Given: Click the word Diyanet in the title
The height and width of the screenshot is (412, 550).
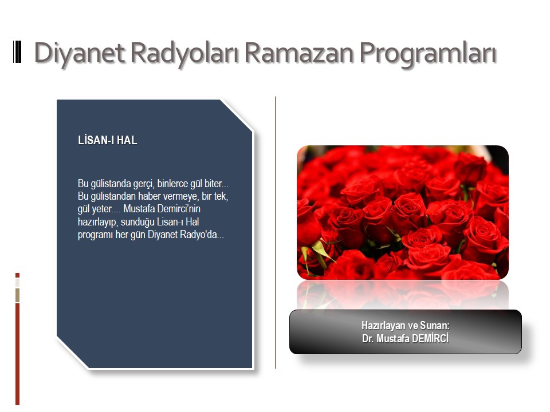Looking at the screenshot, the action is (x=80, y=54).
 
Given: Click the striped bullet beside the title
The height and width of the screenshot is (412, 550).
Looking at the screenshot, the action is (x=17, y=52).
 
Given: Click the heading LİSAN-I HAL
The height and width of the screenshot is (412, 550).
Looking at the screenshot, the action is (x=107, y=140).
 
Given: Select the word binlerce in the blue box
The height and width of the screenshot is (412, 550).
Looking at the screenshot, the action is (x=172, y=183).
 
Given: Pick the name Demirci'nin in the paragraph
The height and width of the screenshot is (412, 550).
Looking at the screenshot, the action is (x=179, y=209).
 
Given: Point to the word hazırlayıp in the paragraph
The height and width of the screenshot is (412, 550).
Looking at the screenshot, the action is (x=97, y=222).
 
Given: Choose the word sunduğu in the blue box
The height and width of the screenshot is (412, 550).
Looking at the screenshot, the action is (x=137, y=222).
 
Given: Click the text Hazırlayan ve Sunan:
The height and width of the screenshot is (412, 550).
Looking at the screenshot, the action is (x=406, y=326).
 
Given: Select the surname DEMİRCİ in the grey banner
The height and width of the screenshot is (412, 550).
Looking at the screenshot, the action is (x=430, y=338).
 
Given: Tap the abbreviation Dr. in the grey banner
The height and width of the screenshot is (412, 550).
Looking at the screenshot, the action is (x=368, y=339).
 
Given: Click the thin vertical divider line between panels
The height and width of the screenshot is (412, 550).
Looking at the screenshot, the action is (x=276, y=233).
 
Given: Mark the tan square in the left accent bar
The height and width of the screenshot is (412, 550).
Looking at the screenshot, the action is (x=18, y=295).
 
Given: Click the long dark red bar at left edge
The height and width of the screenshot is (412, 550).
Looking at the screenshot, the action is (x=18, y=354).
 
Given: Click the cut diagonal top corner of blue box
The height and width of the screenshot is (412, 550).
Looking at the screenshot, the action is (x=237, y=116).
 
